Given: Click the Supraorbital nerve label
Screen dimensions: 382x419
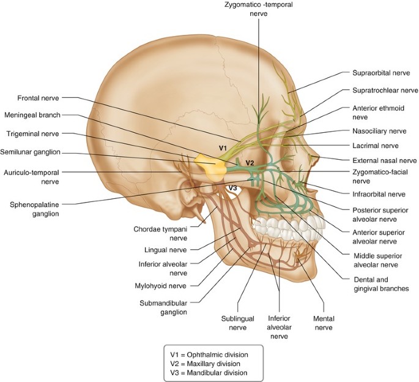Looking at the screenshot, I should point(380,73).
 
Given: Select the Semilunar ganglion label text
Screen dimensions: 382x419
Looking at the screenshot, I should point(31,153).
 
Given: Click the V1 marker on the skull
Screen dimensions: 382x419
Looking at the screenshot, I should point(223,148).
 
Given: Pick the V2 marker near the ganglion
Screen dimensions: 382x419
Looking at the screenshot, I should point(249,162).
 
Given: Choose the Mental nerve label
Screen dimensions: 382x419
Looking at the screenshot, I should point(323,323).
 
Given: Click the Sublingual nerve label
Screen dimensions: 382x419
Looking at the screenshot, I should point(234,323).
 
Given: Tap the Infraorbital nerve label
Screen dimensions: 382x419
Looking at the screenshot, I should point(379,194).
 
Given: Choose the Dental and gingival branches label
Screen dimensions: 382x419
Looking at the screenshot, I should point(380,283).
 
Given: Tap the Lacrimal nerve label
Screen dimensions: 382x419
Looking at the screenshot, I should point(376,146).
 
